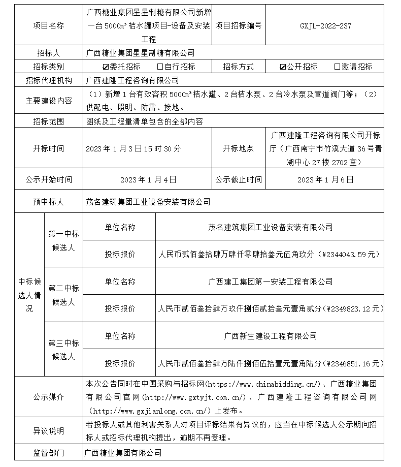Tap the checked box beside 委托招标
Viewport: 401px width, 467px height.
(106, 67)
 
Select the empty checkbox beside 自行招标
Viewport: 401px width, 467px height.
(160, 67)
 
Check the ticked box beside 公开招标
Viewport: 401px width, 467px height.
(283, 67)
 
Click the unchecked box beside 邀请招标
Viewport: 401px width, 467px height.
(337, 67)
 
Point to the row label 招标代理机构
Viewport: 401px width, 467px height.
(49, 80)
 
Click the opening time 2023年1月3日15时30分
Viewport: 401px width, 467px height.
(133, 149)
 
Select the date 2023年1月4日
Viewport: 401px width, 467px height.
(148, 179)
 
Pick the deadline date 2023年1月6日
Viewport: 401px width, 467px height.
(325, 179)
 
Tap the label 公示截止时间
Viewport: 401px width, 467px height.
(239, 179)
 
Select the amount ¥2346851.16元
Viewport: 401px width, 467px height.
(353, 363)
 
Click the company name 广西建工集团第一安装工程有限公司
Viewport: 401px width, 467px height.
(271, 281)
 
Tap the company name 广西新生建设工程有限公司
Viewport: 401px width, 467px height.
(271, 336)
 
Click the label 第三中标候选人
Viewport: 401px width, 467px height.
(63, 350)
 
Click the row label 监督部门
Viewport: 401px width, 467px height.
(49, 452)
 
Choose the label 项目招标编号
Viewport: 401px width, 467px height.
(239, 26)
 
